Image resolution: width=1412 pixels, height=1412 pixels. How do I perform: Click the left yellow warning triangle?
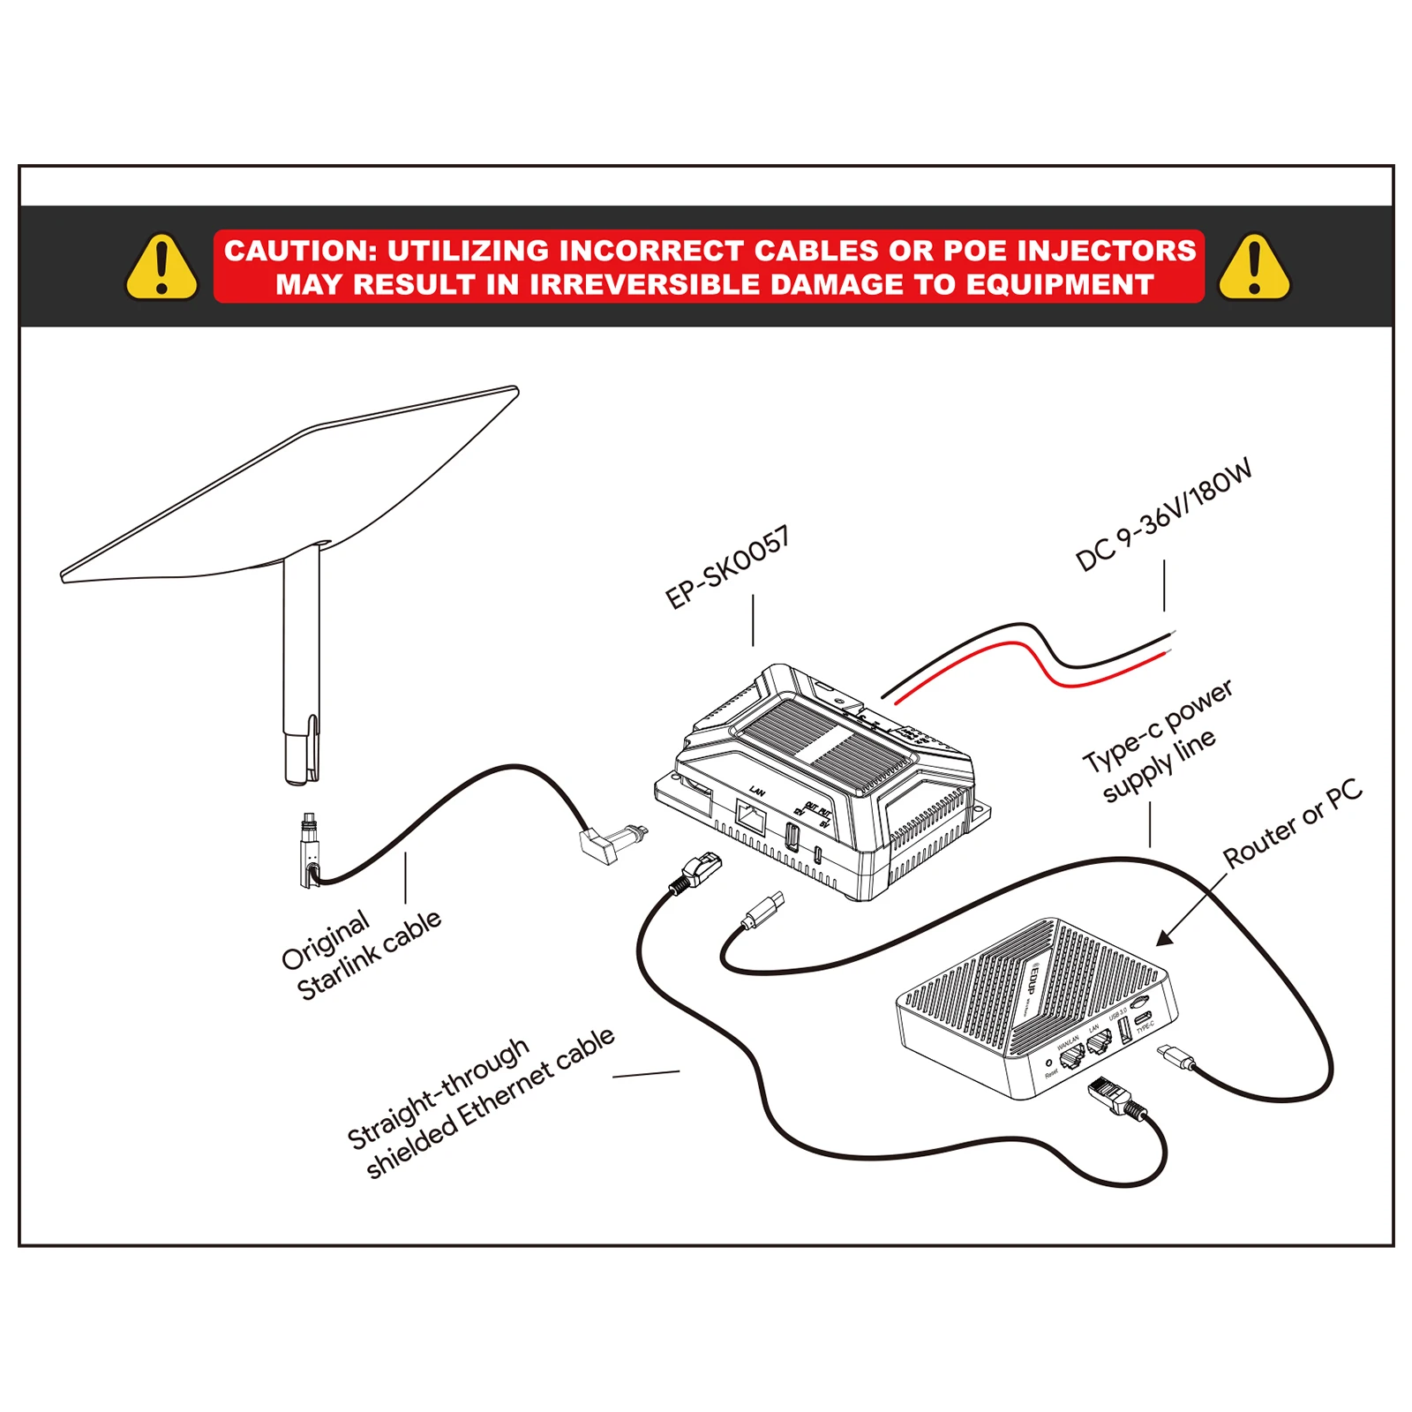point(161,267)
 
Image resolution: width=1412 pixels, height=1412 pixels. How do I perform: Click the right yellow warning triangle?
point(1254,267)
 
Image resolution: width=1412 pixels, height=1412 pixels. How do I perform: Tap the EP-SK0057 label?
point(727,567)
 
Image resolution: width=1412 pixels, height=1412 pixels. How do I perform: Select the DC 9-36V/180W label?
point(1163,515)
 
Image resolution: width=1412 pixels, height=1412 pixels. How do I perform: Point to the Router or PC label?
point(1292,822)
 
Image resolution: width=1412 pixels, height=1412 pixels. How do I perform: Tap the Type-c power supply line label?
point(1156,741)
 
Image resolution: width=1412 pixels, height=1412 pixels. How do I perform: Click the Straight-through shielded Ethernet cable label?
point(481,1103)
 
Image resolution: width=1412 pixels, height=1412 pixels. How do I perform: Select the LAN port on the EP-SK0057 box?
point(750,817)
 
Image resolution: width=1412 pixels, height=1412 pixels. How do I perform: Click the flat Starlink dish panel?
point(291,485)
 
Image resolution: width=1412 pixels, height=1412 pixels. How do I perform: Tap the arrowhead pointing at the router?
point(1165,938)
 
